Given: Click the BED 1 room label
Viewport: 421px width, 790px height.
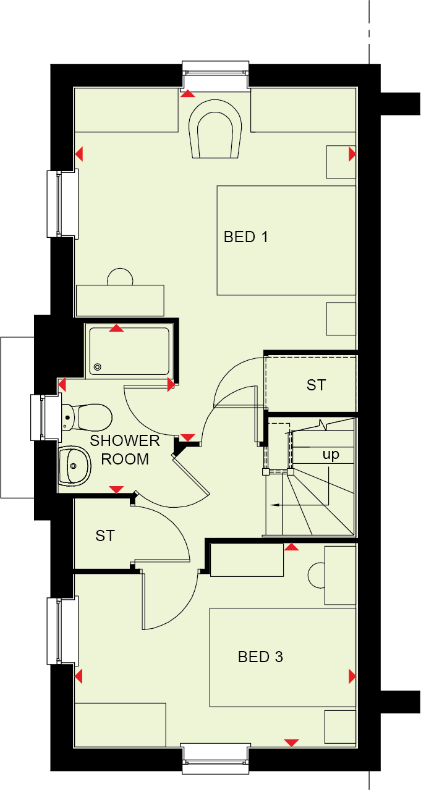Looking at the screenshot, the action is click(246, 237).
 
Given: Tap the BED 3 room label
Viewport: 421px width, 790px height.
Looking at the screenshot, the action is click(260, 657).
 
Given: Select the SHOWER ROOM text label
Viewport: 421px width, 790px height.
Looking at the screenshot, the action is click(125, 450).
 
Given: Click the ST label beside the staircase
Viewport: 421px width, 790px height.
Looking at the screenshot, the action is click(316, 385).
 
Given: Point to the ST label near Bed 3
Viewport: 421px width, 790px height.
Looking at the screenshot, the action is click(105, 536).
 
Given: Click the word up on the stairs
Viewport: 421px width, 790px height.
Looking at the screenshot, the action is click(331, 454).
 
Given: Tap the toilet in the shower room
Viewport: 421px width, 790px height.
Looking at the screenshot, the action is click(86, 418).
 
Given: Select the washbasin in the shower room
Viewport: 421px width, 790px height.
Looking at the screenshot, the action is click(74, 466).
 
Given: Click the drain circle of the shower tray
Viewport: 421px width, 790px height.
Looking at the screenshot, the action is click(98, 367).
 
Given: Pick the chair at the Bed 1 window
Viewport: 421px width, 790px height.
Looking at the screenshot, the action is click(215, 129).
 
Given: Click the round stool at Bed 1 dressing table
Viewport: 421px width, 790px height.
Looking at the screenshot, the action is click(120, 277).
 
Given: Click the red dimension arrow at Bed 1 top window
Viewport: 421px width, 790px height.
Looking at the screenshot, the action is click(188, 93).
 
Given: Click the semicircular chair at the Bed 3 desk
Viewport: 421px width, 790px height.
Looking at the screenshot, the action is click(316, 575).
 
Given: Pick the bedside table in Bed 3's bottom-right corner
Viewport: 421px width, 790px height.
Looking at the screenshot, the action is click(340, 726).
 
